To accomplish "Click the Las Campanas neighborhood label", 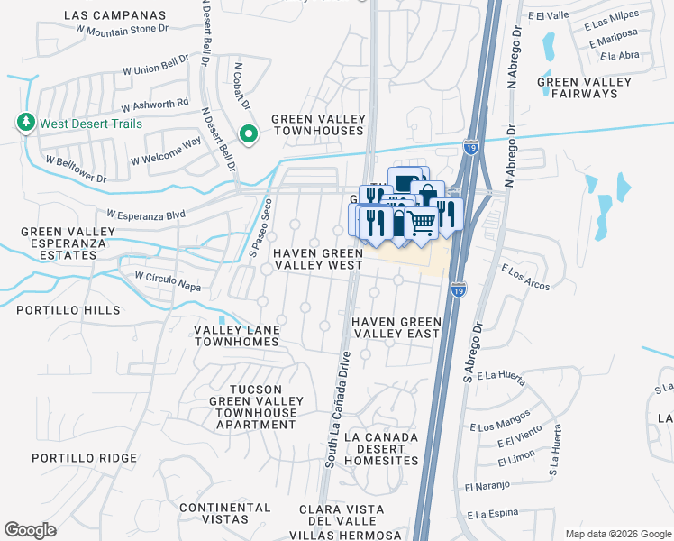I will point(115,15).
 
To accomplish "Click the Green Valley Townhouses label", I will point(319,125).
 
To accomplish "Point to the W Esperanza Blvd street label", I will point(145,215).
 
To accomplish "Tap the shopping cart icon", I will point(423,222).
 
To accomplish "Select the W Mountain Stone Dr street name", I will point(123,30).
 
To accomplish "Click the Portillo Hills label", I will point(68,310).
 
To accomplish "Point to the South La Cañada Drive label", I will point(332,406).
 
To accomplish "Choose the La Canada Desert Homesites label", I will point(387,449).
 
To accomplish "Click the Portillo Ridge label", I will point(85,458).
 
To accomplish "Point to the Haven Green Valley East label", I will point(396,327).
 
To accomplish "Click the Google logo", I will point(31,529).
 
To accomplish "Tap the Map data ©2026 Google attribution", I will point(617,534).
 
